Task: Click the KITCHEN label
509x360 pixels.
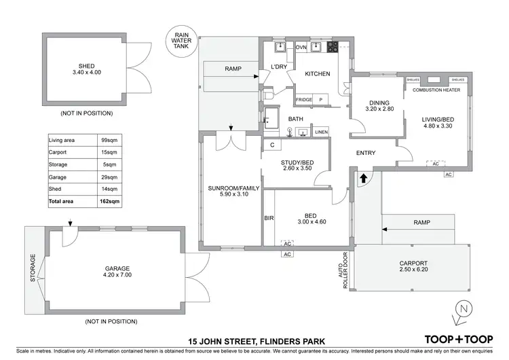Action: pyautogui.click(x=317, y=73)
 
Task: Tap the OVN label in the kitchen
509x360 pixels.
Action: pyautogui.click(x=301, y=48)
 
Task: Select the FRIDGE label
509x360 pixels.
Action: pyautogui.click(x=304, y=100)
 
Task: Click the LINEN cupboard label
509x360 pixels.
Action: pyautogui.click(x=321, y=132)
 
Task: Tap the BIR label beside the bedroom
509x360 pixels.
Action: pyautogui.click(x=268, y=219)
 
